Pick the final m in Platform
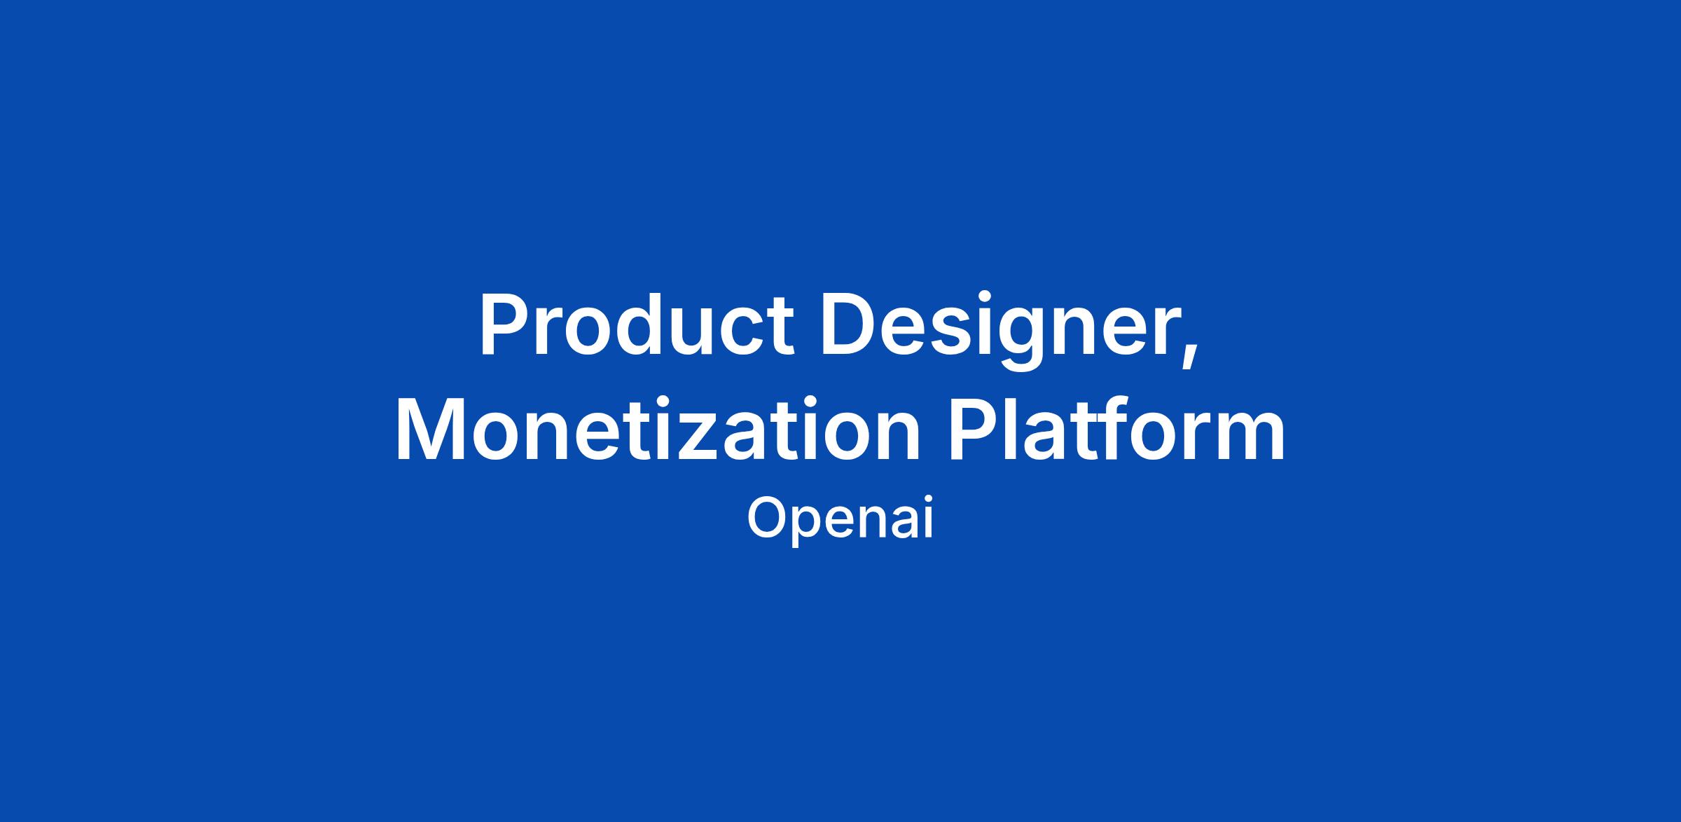point(1249,438)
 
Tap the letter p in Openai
point(810,526)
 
